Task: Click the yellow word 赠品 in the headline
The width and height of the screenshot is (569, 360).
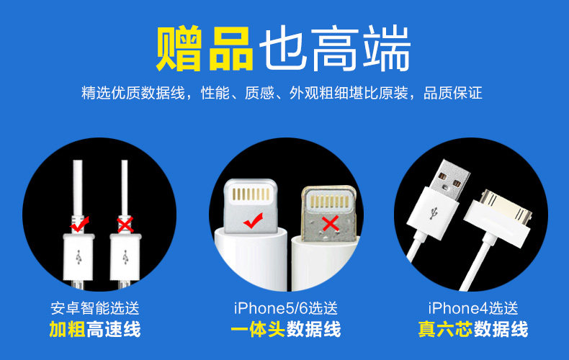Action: click(x=204, y=49)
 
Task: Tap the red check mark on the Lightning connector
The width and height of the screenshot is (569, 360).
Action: click(x=253, y=221)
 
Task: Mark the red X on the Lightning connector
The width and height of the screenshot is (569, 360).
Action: click(x=331, y=224)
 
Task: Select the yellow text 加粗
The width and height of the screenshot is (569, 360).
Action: click(x=67, y=330)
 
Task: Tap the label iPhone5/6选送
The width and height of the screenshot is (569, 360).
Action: click(x=286, y=308)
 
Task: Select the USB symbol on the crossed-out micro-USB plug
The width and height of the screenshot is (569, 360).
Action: click(x=125, y=256)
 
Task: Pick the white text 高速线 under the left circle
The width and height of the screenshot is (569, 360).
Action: click(x=114, y=330)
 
